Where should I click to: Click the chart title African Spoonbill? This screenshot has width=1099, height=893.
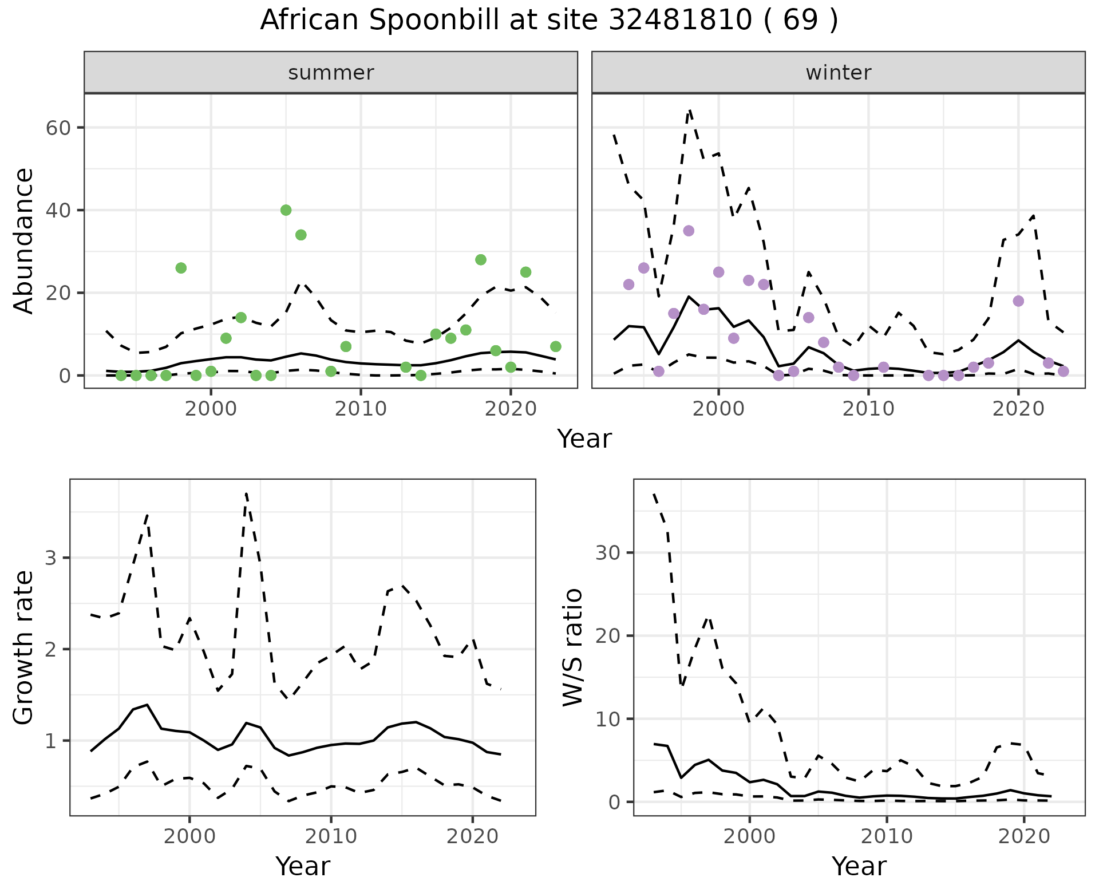(x=549, y=21)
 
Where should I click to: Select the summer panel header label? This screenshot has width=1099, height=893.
(x=331, y=73)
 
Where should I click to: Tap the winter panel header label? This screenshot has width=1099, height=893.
(x=838, y=73)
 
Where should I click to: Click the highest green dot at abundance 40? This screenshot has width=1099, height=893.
(x=286, y=210)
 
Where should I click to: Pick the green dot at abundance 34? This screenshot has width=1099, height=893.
(x=301, y=235)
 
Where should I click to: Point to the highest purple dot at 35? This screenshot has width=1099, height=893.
(x=689, y=231)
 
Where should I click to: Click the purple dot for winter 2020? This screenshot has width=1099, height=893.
(x=1018, y=301)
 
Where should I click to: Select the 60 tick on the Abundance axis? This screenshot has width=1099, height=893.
(x=57, y=127)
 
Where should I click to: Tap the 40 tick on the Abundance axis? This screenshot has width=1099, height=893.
(x=57, y=210)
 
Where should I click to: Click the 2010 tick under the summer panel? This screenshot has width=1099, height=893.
(x=361, y=409)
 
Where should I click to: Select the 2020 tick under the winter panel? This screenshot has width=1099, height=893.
(x=1018, y=409)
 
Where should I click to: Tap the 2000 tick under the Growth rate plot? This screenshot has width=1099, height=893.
(x=189, y=836)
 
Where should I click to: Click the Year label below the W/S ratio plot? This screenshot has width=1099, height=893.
(x=859, y=867)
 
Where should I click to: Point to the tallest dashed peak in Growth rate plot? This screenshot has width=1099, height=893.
(x=246, y=493)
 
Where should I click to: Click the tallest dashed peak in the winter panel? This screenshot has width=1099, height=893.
(x=690, y=110)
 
